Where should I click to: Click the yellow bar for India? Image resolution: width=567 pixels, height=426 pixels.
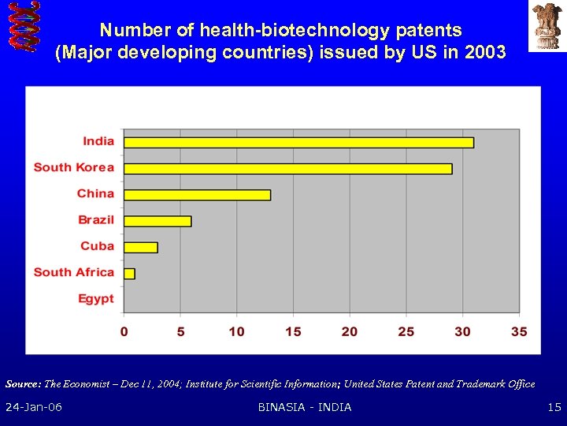coord(298,142)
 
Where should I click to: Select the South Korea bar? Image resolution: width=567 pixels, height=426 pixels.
coord(288,168)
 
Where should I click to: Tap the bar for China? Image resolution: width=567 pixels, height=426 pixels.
coord(197,194)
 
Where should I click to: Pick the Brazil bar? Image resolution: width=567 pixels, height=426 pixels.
coord(157,221)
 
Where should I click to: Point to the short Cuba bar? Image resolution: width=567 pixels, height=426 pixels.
coord(141,247)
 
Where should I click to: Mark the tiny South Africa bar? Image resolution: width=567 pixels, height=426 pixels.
coord(129,273)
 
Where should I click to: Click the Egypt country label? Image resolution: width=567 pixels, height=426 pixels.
coord(95,298)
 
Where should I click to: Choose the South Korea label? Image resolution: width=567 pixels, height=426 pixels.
coord(73,167)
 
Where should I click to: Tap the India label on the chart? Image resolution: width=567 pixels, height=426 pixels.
coord(98,141)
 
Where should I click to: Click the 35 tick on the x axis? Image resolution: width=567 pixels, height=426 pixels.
coord(519,331)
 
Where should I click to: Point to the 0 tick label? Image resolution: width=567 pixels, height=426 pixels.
coord(124,331)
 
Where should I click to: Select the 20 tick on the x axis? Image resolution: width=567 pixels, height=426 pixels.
coord(350,331)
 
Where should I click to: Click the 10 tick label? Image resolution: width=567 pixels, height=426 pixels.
coord(236,331)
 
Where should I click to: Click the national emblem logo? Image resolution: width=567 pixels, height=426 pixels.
coord(546,26)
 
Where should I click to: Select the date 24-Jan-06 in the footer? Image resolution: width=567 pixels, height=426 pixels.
coord(34,407)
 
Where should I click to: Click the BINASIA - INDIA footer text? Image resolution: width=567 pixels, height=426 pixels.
coord(305,407)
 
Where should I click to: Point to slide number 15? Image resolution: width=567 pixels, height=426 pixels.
coord(554,407)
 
